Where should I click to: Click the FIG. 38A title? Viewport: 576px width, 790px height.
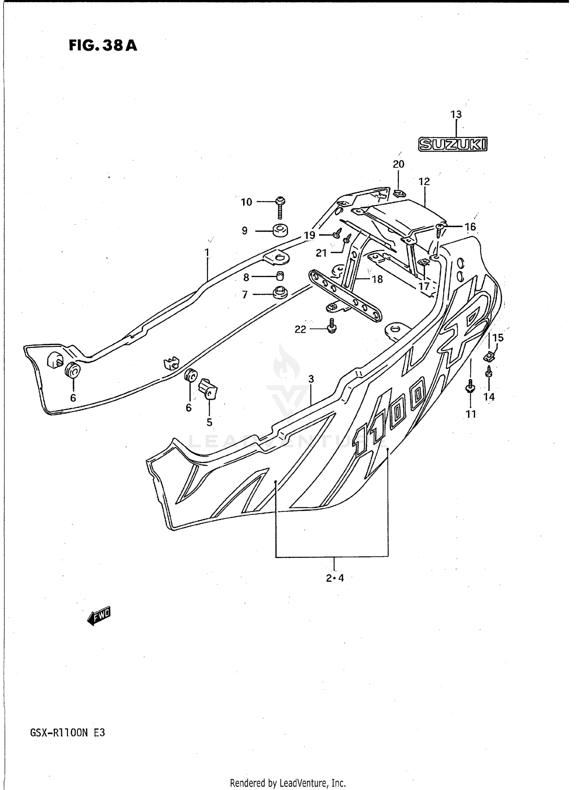103,46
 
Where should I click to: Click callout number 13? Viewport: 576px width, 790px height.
456,114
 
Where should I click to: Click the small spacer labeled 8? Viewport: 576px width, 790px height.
280,276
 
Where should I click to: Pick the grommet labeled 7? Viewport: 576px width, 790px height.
280,293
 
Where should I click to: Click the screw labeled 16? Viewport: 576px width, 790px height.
440,231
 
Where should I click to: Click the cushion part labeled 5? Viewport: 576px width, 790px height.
208,389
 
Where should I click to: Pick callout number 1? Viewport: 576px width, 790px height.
207,252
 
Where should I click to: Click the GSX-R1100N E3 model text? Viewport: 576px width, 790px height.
67,733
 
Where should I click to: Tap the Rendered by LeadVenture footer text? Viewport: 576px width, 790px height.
288,783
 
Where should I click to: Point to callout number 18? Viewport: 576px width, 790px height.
377,279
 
